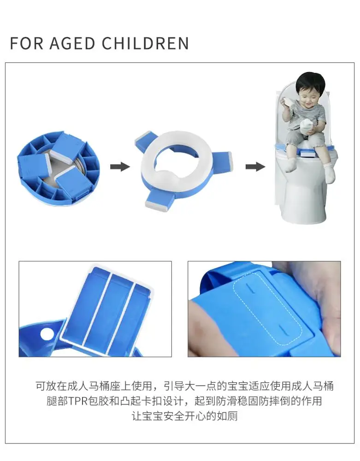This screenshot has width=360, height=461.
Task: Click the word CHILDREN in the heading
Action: [x=145, y=43]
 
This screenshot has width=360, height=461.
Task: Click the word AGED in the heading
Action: [x=72, y=43]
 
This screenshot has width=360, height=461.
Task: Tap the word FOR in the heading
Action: [x=26, y=43]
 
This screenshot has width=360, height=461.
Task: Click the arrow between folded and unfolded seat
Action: [x=120, y=167]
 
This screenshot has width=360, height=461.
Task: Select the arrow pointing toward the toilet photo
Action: [x=255, y=167]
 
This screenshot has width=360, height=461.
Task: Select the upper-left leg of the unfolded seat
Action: [x=144, y=139]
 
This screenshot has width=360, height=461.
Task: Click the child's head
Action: [x=311, y=86]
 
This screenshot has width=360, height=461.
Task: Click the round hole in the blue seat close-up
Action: [x=47, y=334]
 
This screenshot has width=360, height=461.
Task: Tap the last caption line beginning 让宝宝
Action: [x=184, y=416]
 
